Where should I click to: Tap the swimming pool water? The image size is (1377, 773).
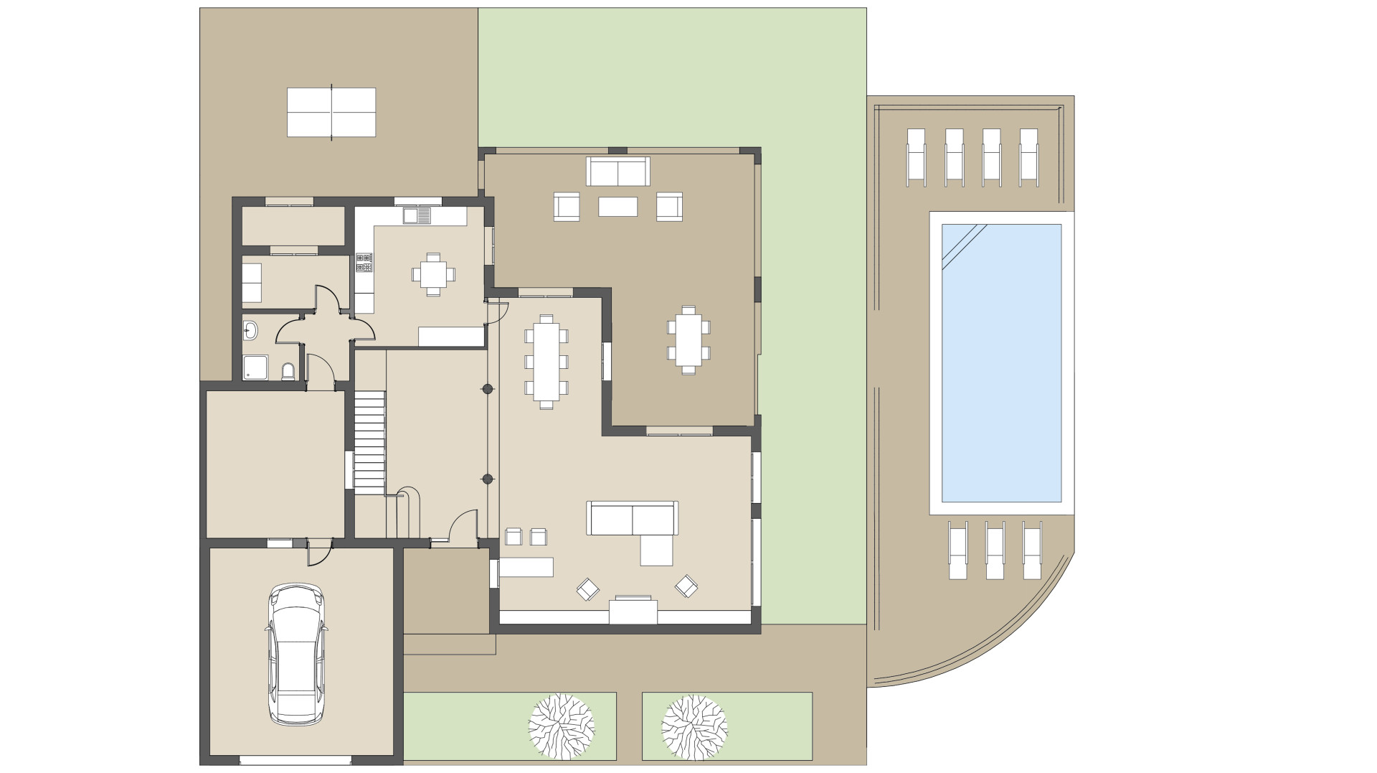(x=1000, y=362)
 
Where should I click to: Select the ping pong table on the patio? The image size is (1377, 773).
(x=331, y=112)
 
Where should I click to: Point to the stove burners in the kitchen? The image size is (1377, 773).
(x=364, y=263)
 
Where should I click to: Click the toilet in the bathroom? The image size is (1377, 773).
(x=288, y=371)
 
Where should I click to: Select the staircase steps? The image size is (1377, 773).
(x=370, y=441)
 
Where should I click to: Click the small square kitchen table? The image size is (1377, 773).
(x=433, y=273)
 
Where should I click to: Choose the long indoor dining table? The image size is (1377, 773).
(x=546, y=361)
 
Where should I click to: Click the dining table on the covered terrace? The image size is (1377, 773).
(x=688, y=340)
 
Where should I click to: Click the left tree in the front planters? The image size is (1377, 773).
(x=561, y=726)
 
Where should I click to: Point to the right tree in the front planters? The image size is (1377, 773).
(x=694, y=726)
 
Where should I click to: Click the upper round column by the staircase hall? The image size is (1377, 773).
(x=487, y=389)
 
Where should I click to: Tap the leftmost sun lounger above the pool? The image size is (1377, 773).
(x=917, y=155)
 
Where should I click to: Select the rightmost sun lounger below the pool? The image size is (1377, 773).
(x=1031, y=549)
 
